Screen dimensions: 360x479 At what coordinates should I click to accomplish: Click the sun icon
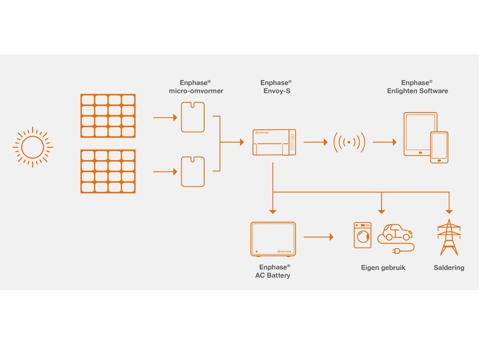pos(32,147)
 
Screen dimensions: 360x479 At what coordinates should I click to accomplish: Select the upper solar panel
pos(108,116)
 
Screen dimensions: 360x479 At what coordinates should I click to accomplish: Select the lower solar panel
pos(108,171)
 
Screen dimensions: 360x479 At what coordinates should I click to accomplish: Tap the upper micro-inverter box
pos(192,117)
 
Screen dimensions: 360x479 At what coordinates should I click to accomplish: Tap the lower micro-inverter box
pos(192,171)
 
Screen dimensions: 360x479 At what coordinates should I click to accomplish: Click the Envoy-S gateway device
pos(274,142)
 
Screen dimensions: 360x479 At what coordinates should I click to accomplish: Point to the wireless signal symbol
pos(349,142)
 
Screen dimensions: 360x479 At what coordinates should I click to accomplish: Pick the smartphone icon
pos(439,147)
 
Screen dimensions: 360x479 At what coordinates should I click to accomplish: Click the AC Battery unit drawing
pos(273,239)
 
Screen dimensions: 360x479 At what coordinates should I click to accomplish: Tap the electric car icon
pos(395,233)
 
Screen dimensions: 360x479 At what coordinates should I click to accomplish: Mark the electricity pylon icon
pos(449,237)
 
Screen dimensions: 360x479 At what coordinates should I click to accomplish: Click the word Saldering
pos(449,268)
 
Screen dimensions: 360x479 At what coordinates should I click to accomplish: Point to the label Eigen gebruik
pos(383,268)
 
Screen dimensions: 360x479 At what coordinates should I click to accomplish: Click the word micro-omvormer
pos(196,91)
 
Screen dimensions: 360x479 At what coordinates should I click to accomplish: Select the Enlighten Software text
pos(417,91)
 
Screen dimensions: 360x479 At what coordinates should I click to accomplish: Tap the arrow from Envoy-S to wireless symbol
pos(315,142)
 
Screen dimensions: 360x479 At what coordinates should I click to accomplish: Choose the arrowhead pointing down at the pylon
pos(449,211)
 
